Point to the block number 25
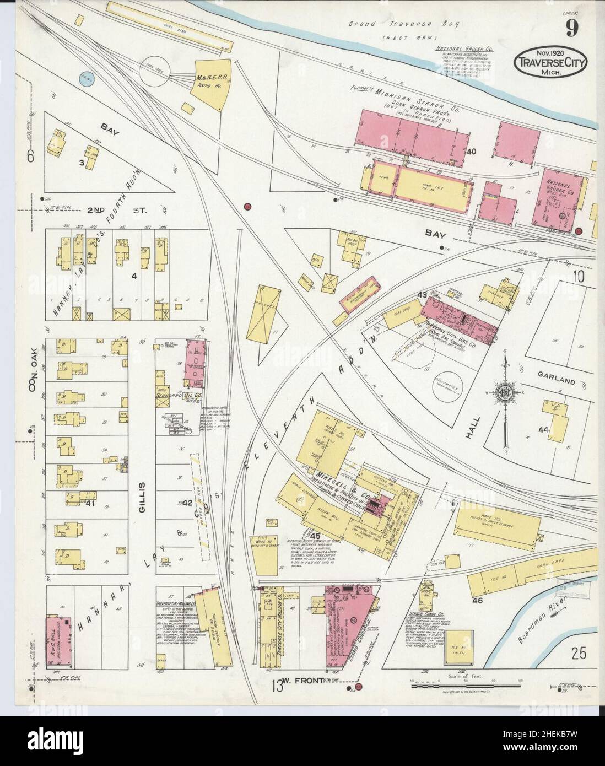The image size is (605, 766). click(x=578, y=654)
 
